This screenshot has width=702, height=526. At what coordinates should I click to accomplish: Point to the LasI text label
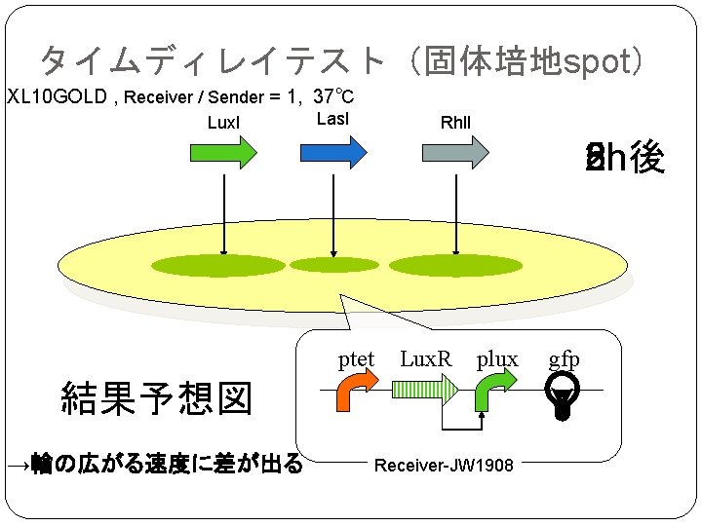[333, 119]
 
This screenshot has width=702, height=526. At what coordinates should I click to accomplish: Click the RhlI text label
[455, 123]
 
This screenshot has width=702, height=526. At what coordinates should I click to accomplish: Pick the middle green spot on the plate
[334, 265]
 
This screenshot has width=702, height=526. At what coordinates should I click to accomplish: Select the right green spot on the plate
[444, 265]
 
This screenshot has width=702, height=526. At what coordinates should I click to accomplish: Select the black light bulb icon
[562, 396]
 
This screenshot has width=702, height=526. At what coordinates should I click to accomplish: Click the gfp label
[564, 358]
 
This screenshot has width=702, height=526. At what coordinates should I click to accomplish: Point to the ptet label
[356, 358]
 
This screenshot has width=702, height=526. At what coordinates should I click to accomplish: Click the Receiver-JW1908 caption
[444, 465]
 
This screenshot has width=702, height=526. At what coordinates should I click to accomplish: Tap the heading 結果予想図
[156, 398]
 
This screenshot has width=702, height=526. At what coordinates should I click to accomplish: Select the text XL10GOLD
[55, 97]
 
